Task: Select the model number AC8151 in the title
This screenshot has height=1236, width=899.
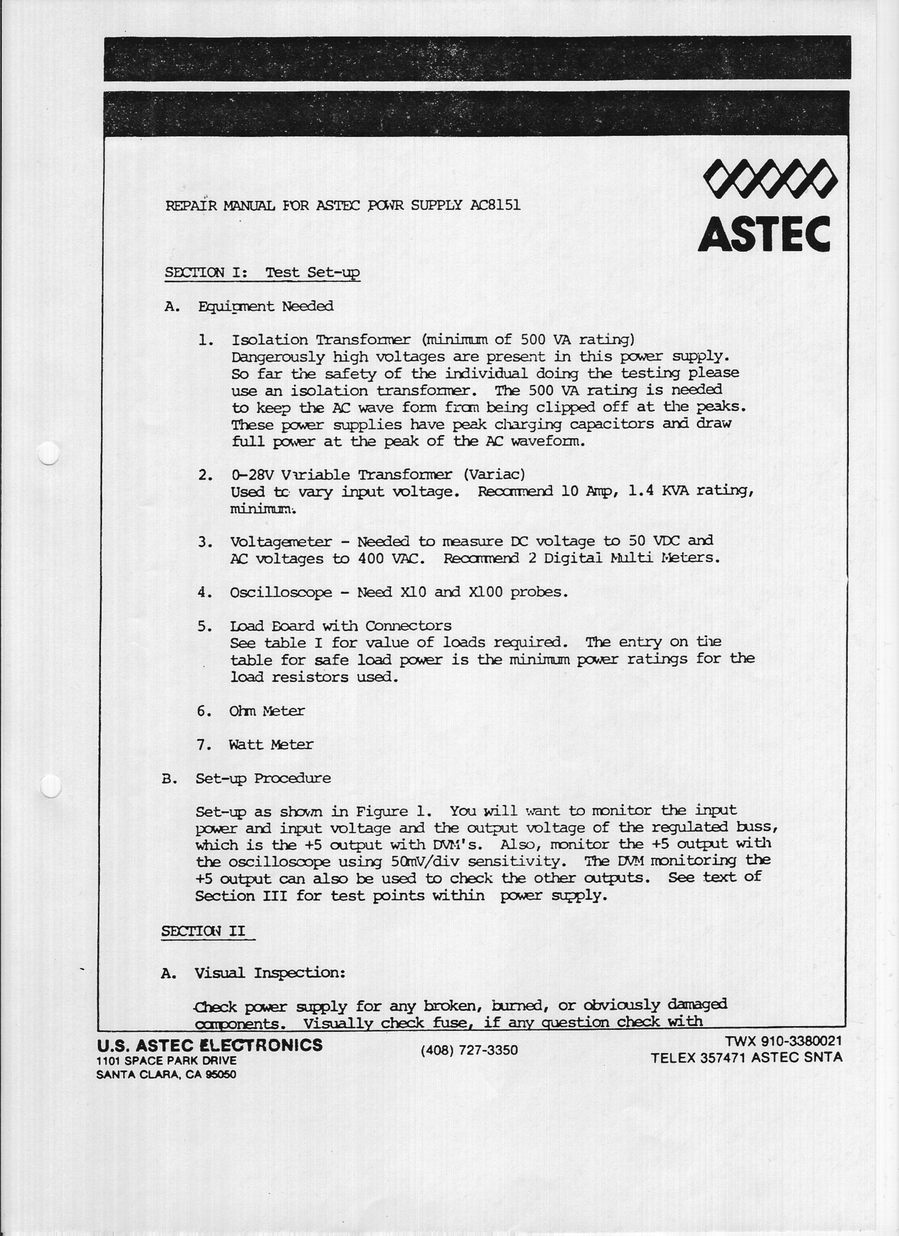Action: point(495,206)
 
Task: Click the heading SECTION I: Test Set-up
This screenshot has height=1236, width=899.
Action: point(262,272)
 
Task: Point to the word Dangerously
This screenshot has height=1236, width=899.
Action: point(278,357)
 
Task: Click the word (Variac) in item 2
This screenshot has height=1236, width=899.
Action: point(494,475)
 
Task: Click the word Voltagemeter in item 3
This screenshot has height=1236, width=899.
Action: point(280,542)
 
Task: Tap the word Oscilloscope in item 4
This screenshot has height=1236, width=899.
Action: point(280,593)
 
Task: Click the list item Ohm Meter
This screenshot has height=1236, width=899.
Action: point(267,711)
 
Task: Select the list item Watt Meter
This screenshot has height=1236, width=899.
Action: point(271,745)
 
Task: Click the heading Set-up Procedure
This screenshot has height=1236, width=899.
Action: point(263,778)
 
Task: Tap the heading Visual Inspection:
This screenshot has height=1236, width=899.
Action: point(270,973)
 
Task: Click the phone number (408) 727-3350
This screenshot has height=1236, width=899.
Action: point(469,1049)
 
